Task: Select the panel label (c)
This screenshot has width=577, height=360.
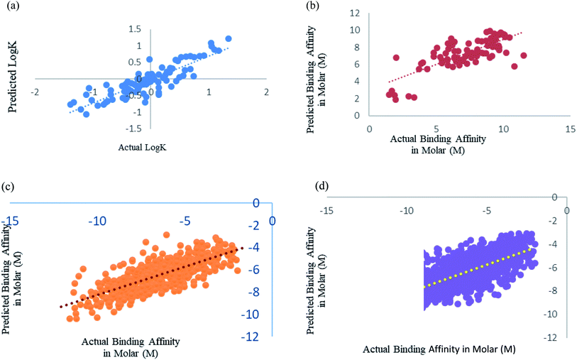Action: point(7,186)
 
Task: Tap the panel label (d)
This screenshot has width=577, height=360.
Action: point(322,186)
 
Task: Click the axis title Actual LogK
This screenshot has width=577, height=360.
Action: point(142,147)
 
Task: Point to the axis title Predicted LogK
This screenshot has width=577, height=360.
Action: point(13,76)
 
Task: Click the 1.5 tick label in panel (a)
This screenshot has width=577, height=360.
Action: point(134,29)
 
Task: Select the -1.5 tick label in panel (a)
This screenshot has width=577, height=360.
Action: point(133,128)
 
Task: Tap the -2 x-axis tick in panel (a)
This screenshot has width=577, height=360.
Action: point(35,92)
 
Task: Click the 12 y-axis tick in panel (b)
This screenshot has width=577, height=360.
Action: point(355,13)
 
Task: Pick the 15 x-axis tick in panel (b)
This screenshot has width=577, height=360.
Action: point(571,129)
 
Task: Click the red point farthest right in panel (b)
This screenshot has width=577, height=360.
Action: point(523,55)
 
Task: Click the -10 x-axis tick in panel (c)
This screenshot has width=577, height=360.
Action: point(97,221)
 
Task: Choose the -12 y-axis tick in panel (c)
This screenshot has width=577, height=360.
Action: point(250,337)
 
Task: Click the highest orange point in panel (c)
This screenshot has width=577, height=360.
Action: point(166,234)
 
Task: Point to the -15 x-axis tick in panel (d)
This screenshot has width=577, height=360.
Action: point(326,211)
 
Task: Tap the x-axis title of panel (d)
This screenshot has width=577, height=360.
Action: point(439,349)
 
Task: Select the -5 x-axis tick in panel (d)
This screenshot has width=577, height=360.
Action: point(486,211)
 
